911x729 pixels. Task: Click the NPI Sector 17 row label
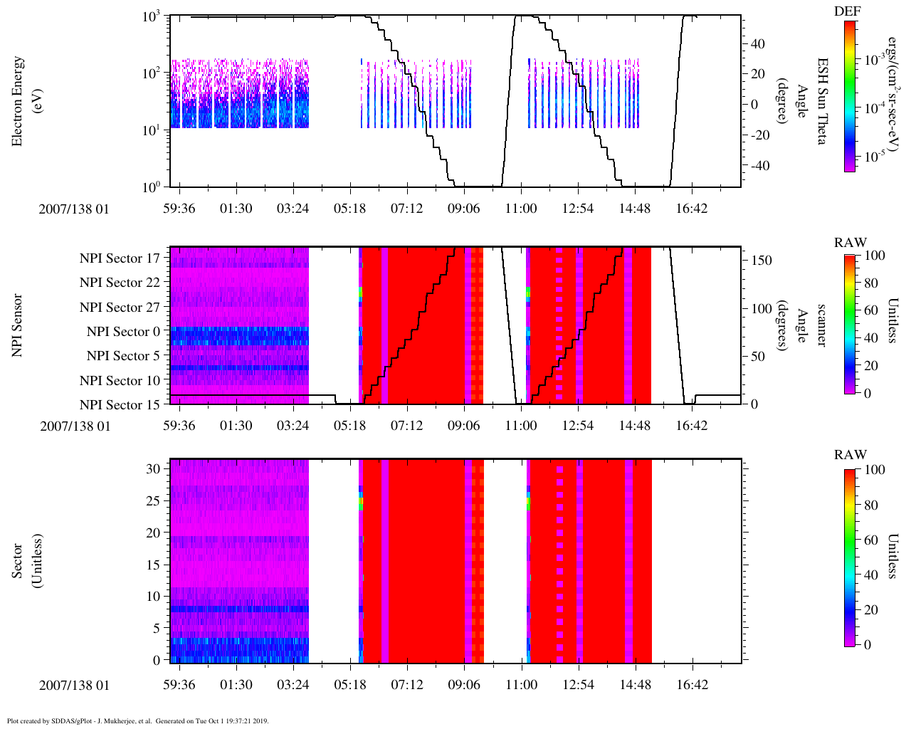click(120, 258)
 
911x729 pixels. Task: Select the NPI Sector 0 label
click(123, 332)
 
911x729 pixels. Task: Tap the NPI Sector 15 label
click(120, 405)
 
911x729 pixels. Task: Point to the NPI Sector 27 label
click(120, 308)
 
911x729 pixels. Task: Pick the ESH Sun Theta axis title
click(821, 101)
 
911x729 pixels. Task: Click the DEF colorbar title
click(847, 11)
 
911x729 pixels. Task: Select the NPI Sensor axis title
click(18, 325)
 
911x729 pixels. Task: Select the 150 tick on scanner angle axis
click(762, 261)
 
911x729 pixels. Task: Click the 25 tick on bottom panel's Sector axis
click(153, 501)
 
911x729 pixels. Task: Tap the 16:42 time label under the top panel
click(691, 209)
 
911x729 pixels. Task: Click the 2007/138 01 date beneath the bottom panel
click(75, 686)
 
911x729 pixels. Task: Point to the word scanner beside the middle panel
click(821, 325)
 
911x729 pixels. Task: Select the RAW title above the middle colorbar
click(851, 243)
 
